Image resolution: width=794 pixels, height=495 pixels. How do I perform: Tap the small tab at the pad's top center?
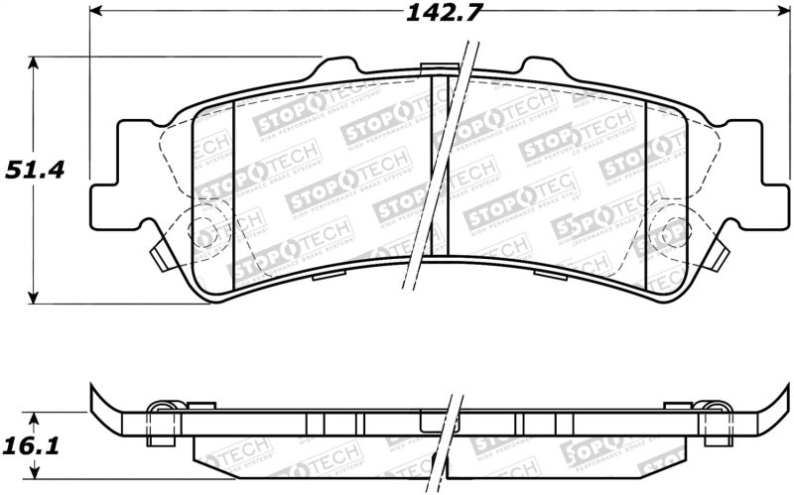click(435, 69)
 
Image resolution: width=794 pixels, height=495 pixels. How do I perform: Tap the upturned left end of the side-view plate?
click(98, 401)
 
